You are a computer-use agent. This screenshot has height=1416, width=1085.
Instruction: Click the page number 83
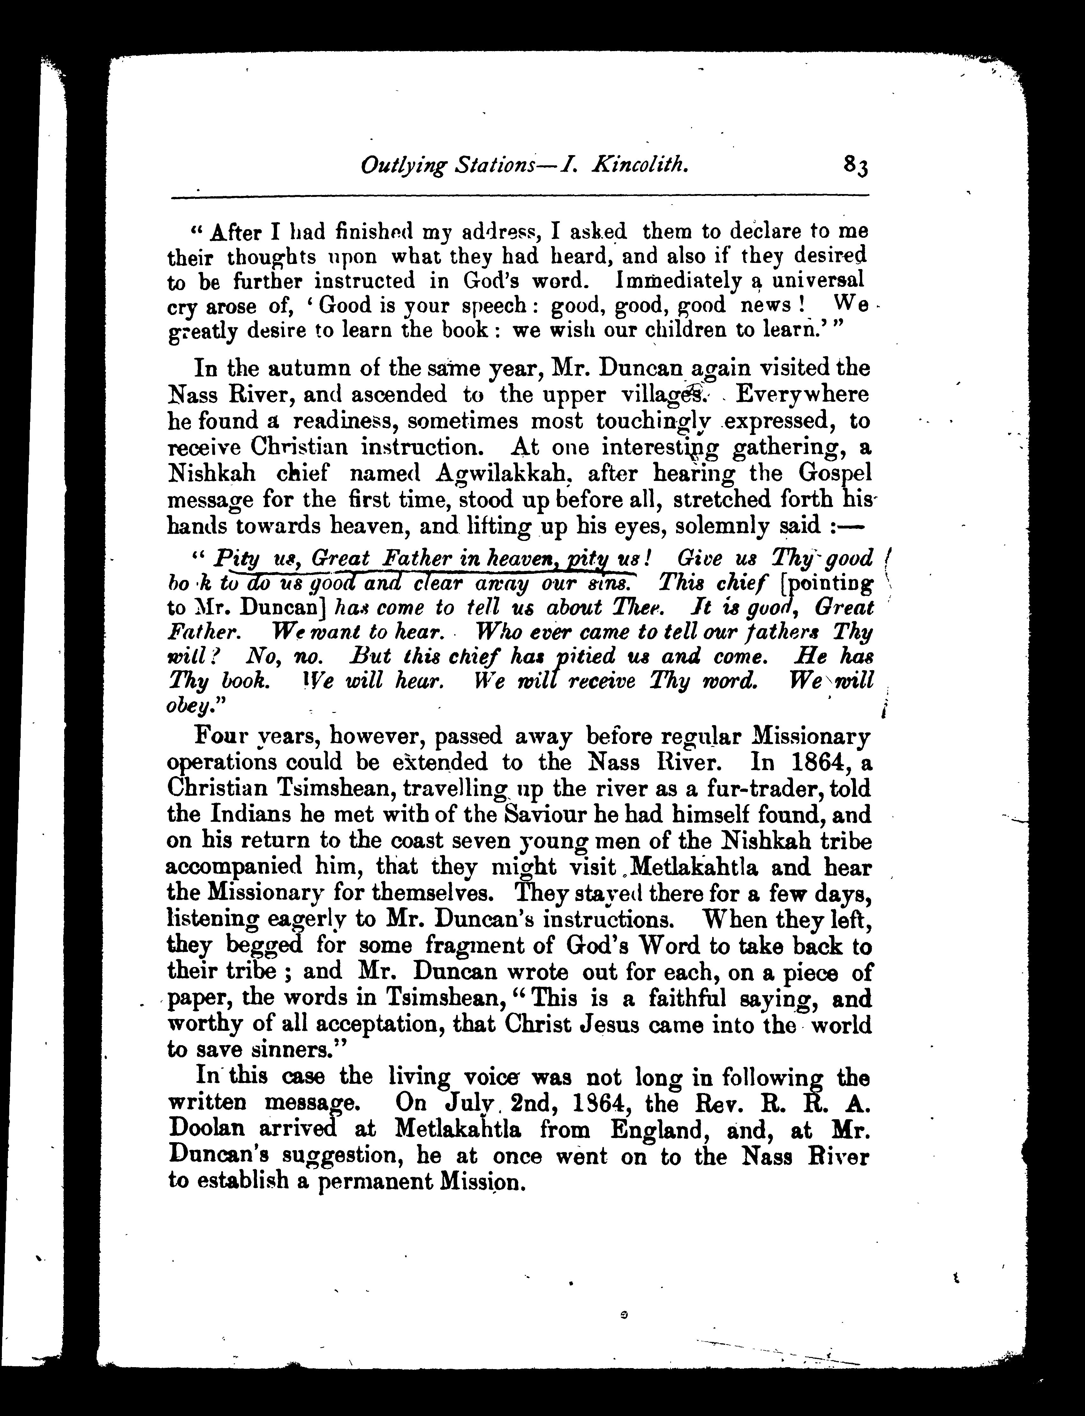(855, 169)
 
